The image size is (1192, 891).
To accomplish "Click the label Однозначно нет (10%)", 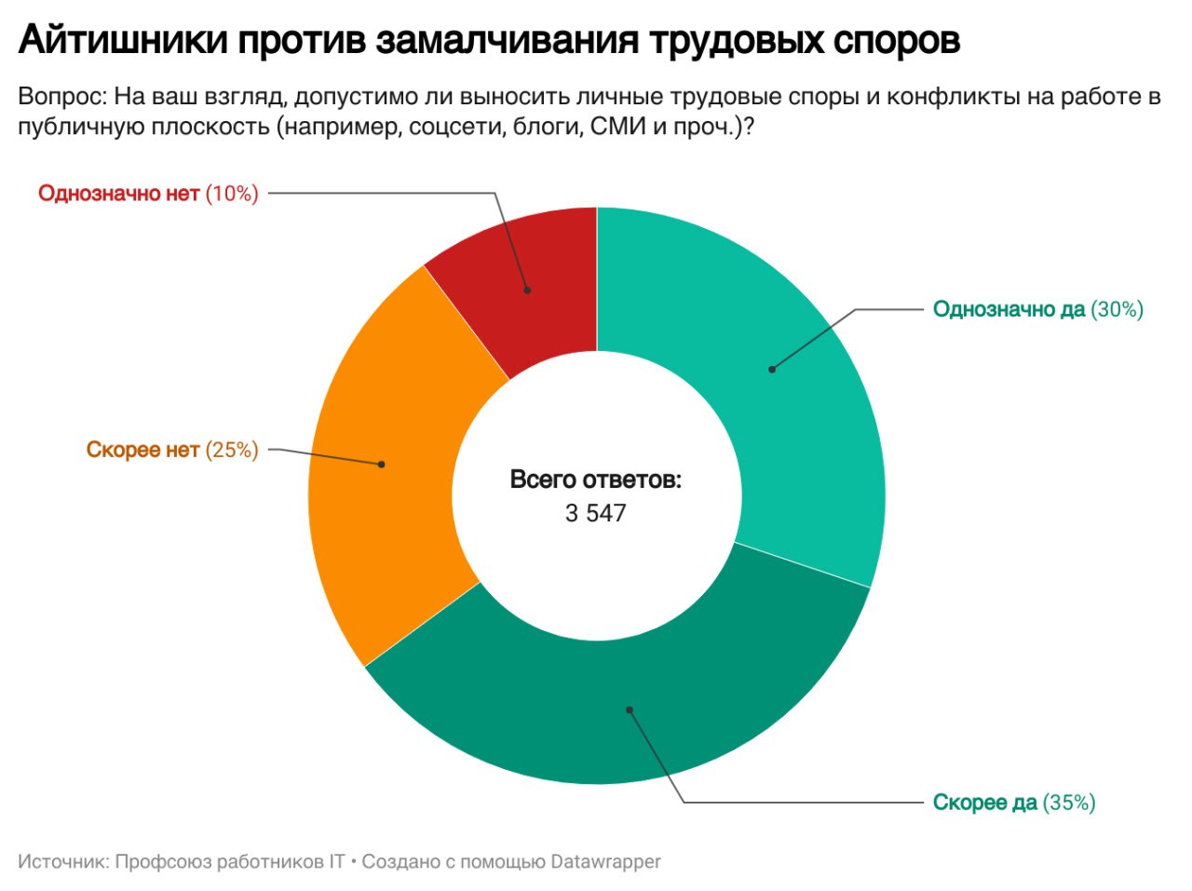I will (x=148, y=194).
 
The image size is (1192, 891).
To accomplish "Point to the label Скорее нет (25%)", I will (x=171, y=451).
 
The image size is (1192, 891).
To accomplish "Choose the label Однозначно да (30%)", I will (x=1037, y=309).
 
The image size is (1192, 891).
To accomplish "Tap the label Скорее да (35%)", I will (x=1013, y=803).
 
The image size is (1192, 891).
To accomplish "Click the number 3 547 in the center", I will (x=596, y=513).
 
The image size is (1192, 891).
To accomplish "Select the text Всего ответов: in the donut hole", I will (x=596, y=480).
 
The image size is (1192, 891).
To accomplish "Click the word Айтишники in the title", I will (x=122, y=41).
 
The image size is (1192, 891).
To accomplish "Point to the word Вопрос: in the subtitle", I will (x=61, y=97).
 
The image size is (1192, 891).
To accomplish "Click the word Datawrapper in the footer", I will (x=605, y=861).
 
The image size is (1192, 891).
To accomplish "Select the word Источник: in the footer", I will (x=63, y=861).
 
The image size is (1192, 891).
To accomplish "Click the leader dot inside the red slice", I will (x=527, y=290).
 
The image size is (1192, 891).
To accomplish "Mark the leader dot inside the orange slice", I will (x=382, y=464).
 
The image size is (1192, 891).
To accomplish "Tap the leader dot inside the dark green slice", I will (x=630, y=709).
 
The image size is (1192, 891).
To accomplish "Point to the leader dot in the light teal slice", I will (x=772, y=370).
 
